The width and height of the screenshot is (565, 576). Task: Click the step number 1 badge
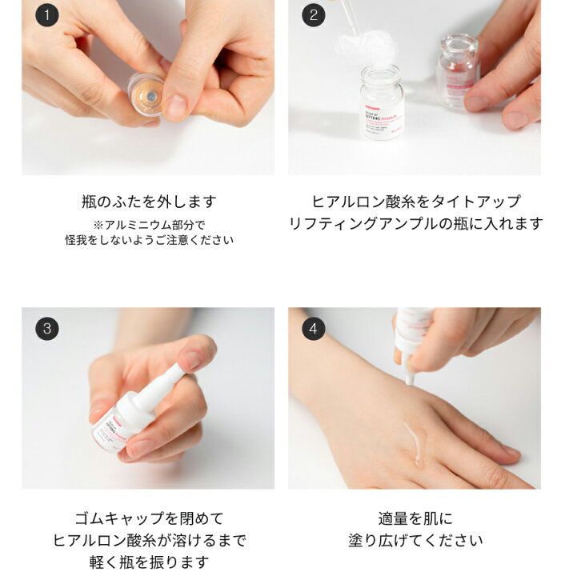tap(47, 15)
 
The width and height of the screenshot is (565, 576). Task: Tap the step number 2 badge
tap(314, 15)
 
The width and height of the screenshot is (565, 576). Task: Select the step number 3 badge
tap(47, 328)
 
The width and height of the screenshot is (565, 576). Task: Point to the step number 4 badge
tap(314, 328)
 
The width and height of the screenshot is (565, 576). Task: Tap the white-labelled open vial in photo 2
tap(382, 102)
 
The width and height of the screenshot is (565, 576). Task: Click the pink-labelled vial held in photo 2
tap(458, 69)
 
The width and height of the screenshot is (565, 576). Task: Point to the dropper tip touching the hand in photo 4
tap(409, 379)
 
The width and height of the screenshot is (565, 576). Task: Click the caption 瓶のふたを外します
tap(149, 202)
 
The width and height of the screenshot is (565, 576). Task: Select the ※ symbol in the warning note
tap(98, 225)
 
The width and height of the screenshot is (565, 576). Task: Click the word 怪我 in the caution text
tap(76, 240)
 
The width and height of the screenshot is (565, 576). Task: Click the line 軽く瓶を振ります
tap(149, 562)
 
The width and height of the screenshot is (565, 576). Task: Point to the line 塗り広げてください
tap(415, 540)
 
